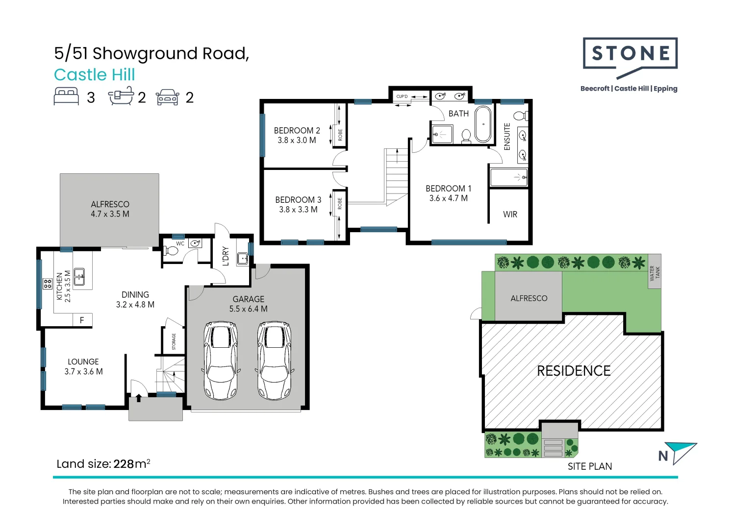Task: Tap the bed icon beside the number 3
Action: pyautogui.click(x=66, y=96)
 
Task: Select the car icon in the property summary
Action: pyautogui.click(x=168, y=97)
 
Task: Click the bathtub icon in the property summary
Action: pyautogui.click(x=121, y=96)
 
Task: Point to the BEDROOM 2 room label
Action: pyautogui.click(x=297, y=130)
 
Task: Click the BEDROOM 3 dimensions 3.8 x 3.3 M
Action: pyautogui.click(x=298, y=210)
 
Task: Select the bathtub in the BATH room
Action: pyautogui.click(x=482, y=124)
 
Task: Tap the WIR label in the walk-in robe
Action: pyautogui.click(x=510, y=215)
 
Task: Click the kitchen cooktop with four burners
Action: pyautogui.click(x=48, y=284)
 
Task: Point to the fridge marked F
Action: pyautogui.click(x=82, y=320)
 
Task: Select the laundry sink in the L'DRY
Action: pyautogui.click(x=242, y=258)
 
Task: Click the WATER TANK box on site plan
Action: pyautogui.click(x=655, y=272)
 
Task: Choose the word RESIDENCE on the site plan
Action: pyautogui.click(x=574, y=371)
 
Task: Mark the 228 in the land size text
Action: pyautogui.click(x=124, y=464)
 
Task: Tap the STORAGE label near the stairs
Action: pyautogui.click(x=174, y=341)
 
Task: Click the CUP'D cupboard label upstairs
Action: pyautogui.click(x=402, y=96)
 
